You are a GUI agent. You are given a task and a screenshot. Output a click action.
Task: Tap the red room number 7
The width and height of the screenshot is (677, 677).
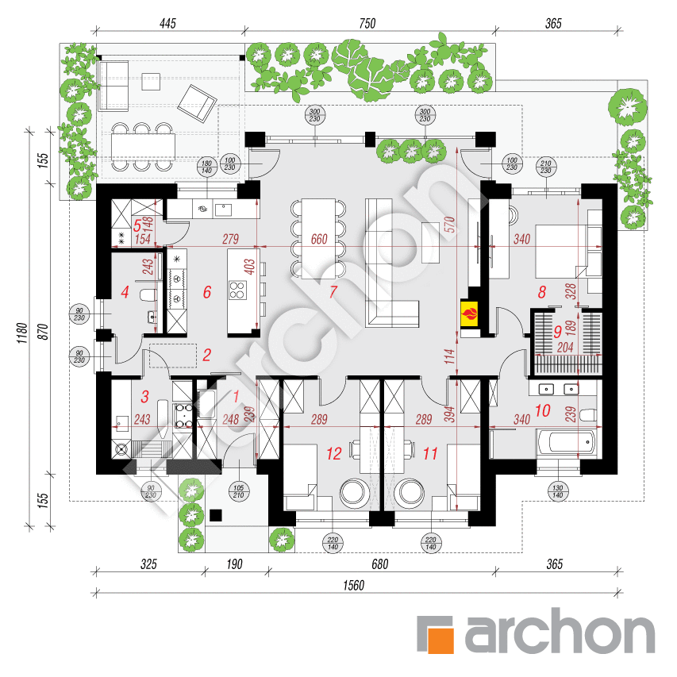[x=333, y=292]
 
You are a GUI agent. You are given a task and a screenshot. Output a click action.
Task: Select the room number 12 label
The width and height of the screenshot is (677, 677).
[x=333, y=454]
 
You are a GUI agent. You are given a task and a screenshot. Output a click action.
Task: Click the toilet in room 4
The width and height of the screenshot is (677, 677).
[x=148, y=296]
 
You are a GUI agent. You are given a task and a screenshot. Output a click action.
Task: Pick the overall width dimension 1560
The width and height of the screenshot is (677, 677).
[x=353, y=587]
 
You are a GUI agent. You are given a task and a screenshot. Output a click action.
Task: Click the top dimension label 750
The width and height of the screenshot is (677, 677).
[x=366, y=24]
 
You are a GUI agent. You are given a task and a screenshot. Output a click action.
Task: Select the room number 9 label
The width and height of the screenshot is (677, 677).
[x=556, y=331]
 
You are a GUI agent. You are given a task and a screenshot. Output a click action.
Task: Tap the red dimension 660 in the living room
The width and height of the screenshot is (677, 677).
[x=319, y=239]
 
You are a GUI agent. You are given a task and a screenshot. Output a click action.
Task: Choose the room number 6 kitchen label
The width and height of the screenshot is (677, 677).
[x=206, y=292]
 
